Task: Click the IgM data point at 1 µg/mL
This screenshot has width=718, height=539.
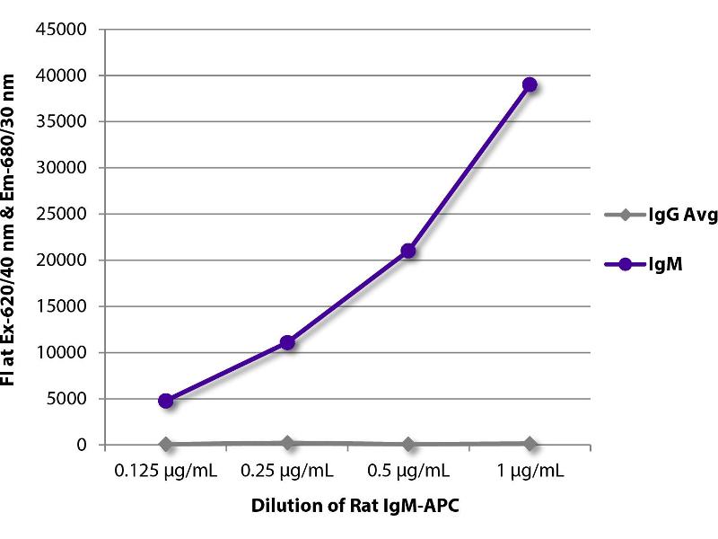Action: click(x=530, y=84)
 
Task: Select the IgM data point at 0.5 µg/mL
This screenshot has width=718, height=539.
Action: click(x=408, y=251)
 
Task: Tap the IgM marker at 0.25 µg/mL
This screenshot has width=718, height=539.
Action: click(x=287, y=342)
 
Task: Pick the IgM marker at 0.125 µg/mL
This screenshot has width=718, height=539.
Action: click(x=166, y=401)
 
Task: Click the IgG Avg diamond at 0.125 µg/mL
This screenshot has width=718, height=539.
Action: click(x=166, y=444)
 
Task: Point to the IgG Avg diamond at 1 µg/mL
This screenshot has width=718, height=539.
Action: click(x=530, y=443)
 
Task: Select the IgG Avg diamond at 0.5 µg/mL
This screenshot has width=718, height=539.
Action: click(x=408, y=444)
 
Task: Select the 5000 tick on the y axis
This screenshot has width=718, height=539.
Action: click(x=68, y=399)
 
